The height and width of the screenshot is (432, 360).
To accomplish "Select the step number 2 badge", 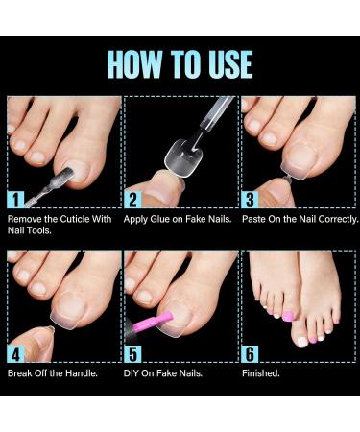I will click(x=132, y=200).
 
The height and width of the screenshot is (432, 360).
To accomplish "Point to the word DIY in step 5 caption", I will click(x=132, y=372).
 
